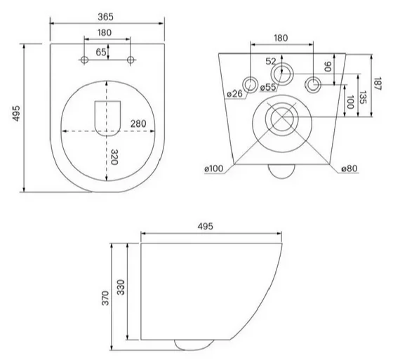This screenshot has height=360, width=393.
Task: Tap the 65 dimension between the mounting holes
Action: pos(101,52)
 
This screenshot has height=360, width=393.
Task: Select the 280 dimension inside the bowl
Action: pos(138,124)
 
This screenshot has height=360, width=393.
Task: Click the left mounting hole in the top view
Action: pos(84,61)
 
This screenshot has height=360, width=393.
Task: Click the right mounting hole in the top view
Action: pos(131,61)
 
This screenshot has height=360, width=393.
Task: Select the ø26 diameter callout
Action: pos(234,93)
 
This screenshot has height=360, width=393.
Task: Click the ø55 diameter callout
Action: pos(267,88)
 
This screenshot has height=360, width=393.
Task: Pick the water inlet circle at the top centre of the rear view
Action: pos(283,71)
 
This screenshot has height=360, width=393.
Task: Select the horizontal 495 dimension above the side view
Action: pos(204,226)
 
